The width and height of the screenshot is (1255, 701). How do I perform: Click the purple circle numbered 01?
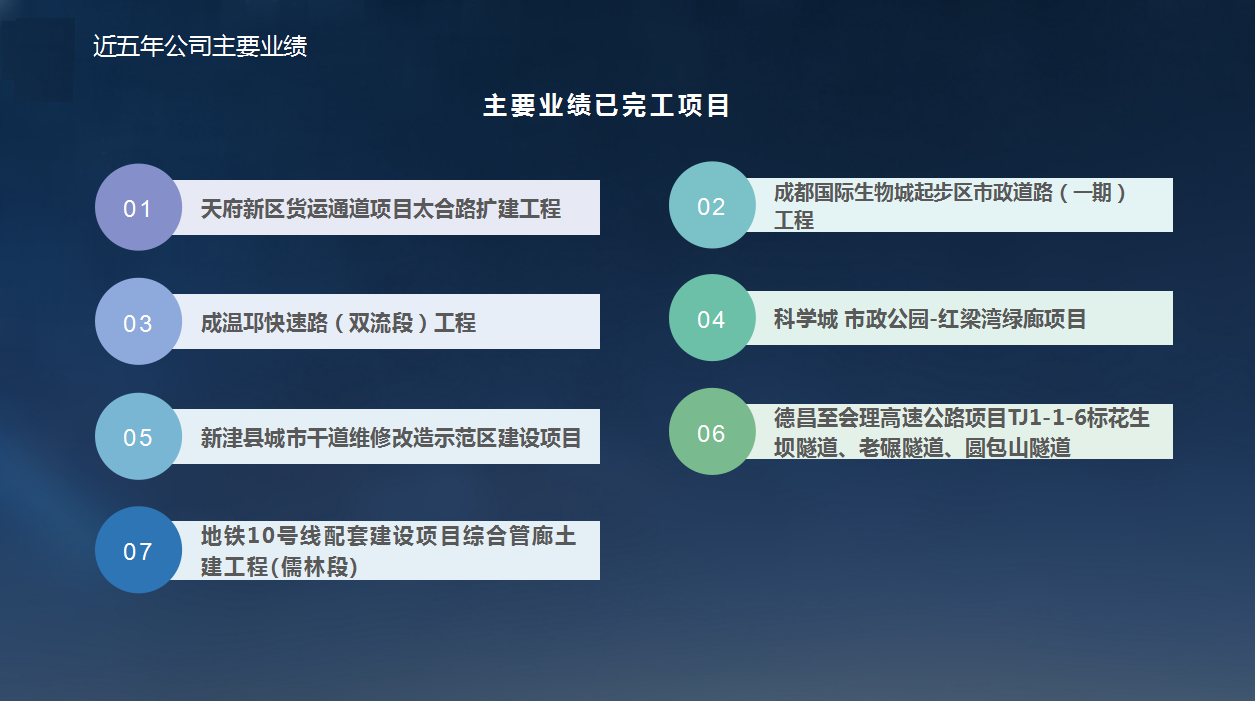(x=138, y=207)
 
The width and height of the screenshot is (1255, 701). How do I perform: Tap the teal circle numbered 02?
(x=712, y=205)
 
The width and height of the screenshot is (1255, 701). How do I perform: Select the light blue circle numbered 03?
(x=138, y=322)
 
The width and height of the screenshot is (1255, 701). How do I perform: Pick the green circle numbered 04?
(x=712, y=318)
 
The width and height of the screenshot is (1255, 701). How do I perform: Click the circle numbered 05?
(x=138, y=436)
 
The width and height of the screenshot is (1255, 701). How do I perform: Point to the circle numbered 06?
(x=712, y=431)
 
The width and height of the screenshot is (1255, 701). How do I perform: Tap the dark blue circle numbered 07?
(x=138, y=550)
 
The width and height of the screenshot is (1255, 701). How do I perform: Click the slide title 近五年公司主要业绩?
(x=200, y=46)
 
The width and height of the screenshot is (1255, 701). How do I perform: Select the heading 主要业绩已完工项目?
(x=606, y=105)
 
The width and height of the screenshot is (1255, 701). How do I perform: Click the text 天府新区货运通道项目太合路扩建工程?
(x=381, y=209)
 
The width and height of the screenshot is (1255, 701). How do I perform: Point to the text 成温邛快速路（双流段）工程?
(x=338, y=323)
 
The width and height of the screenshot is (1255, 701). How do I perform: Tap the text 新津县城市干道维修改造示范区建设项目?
(x=391, y=438)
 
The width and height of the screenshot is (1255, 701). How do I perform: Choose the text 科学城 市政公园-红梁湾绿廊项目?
(x=930, y=319)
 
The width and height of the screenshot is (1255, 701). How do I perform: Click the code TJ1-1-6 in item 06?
(x=1047, y=418)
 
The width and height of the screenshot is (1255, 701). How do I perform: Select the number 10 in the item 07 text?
(x=261, y=536)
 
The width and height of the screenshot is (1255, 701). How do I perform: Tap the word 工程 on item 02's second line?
(x=793, y=220)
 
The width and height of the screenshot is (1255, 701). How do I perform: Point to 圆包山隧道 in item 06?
(x=1017, y=448)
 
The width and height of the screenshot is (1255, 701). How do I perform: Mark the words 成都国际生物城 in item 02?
(x=848, y=193)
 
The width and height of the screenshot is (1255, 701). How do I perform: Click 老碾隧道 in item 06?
(x=901, y=448)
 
